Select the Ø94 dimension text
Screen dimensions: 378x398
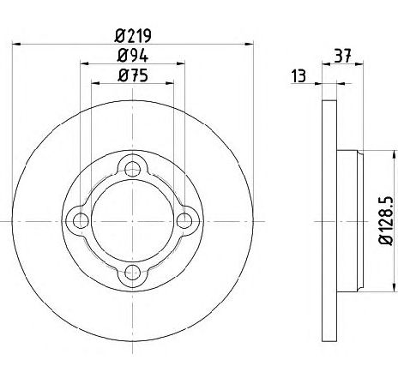tap(132, 57)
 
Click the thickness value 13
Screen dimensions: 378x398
tap(298, 77)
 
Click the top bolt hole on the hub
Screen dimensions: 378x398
tap(132, 169)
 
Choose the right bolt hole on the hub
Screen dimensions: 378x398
tap(184, 221)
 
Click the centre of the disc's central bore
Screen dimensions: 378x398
tap(132, 221)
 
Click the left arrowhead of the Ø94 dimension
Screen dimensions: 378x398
tap(84, 64)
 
